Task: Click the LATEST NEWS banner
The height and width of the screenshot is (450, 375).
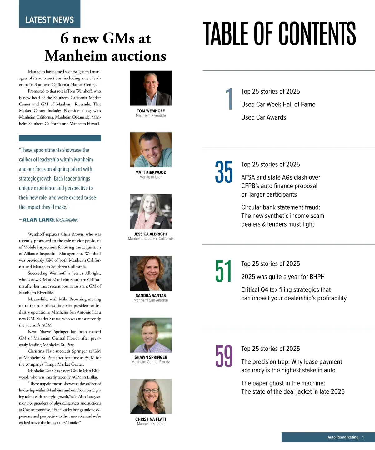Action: tap(49, 19)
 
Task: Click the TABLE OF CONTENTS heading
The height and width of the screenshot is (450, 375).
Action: tap(279, 34)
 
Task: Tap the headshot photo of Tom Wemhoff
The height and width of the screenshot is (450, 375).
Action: tap(151, 88)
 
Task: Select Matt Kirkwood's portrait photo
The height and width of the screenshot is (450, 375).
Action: tap(151, 150)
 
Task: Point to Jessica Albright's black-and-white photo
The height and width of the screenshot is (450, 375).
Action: tap(151, 212)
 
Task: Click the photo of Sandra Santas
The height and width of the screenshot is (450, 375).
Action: tap(151, 273)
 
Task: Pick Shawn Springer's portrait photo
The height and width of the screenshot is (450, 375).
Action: tap(151, 335)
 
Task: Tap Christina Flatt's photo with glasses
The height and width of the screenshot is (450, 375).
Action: tap(151, 396)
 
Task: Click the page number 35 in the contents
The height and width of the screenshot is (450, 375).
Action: tap(224, 172)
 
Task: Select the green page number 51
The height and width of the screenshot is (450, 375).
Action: tap(223, 271)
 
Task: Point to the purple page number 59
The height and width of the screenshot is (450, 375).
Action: tap(224, 356)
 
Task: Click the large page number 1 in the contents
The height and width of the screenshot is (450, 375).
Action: tap(230, 99)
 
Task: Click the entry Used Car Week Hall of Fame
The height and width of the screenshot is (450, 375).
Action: tap(278, 105)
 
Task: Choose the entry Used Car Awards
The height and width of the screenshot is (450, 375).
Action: tap(263, 117)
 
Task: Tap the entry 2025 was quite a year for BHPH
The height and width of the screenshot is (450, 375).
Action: tap(283, 277)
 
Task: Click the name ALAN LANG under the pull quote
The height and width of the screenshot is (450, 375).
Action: tap(38, 220)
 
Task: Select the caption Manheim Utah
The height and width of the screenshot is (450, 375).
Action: tap(151, 177)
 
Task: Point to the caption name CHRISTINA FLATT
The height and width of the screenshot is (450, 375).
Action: tap(151, 419)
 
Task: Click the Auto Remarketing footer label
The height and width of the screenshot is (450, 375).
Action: tap(343, 437)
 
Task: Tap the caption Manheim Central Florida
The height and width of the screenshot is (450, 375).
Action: tap(151, 362)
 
